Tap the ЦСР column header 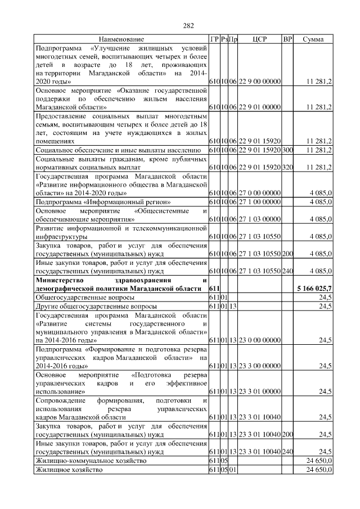(259, 39)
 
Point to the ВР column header (287, 39)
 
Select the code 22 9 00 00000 (259, 82)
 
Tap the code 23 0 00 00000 (259, 340)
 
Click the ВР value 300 (287, 150)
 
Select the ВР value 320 (287, 168)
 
